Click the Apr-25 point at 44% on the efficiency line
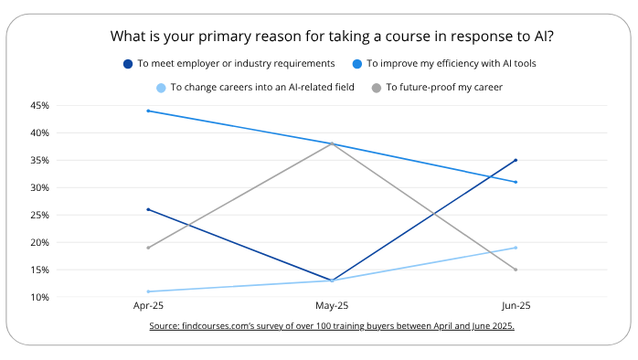(148, 111)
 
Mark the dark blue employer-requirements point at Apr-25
(148, 209)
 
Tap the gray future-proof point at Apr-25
(148, 248)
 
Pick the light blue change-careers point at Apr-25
(148, 291)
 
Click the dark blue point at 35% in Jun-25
(516, 160)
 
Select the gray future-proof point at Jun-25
(516, 270)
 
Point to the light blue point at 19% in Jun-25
(516, 248)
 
